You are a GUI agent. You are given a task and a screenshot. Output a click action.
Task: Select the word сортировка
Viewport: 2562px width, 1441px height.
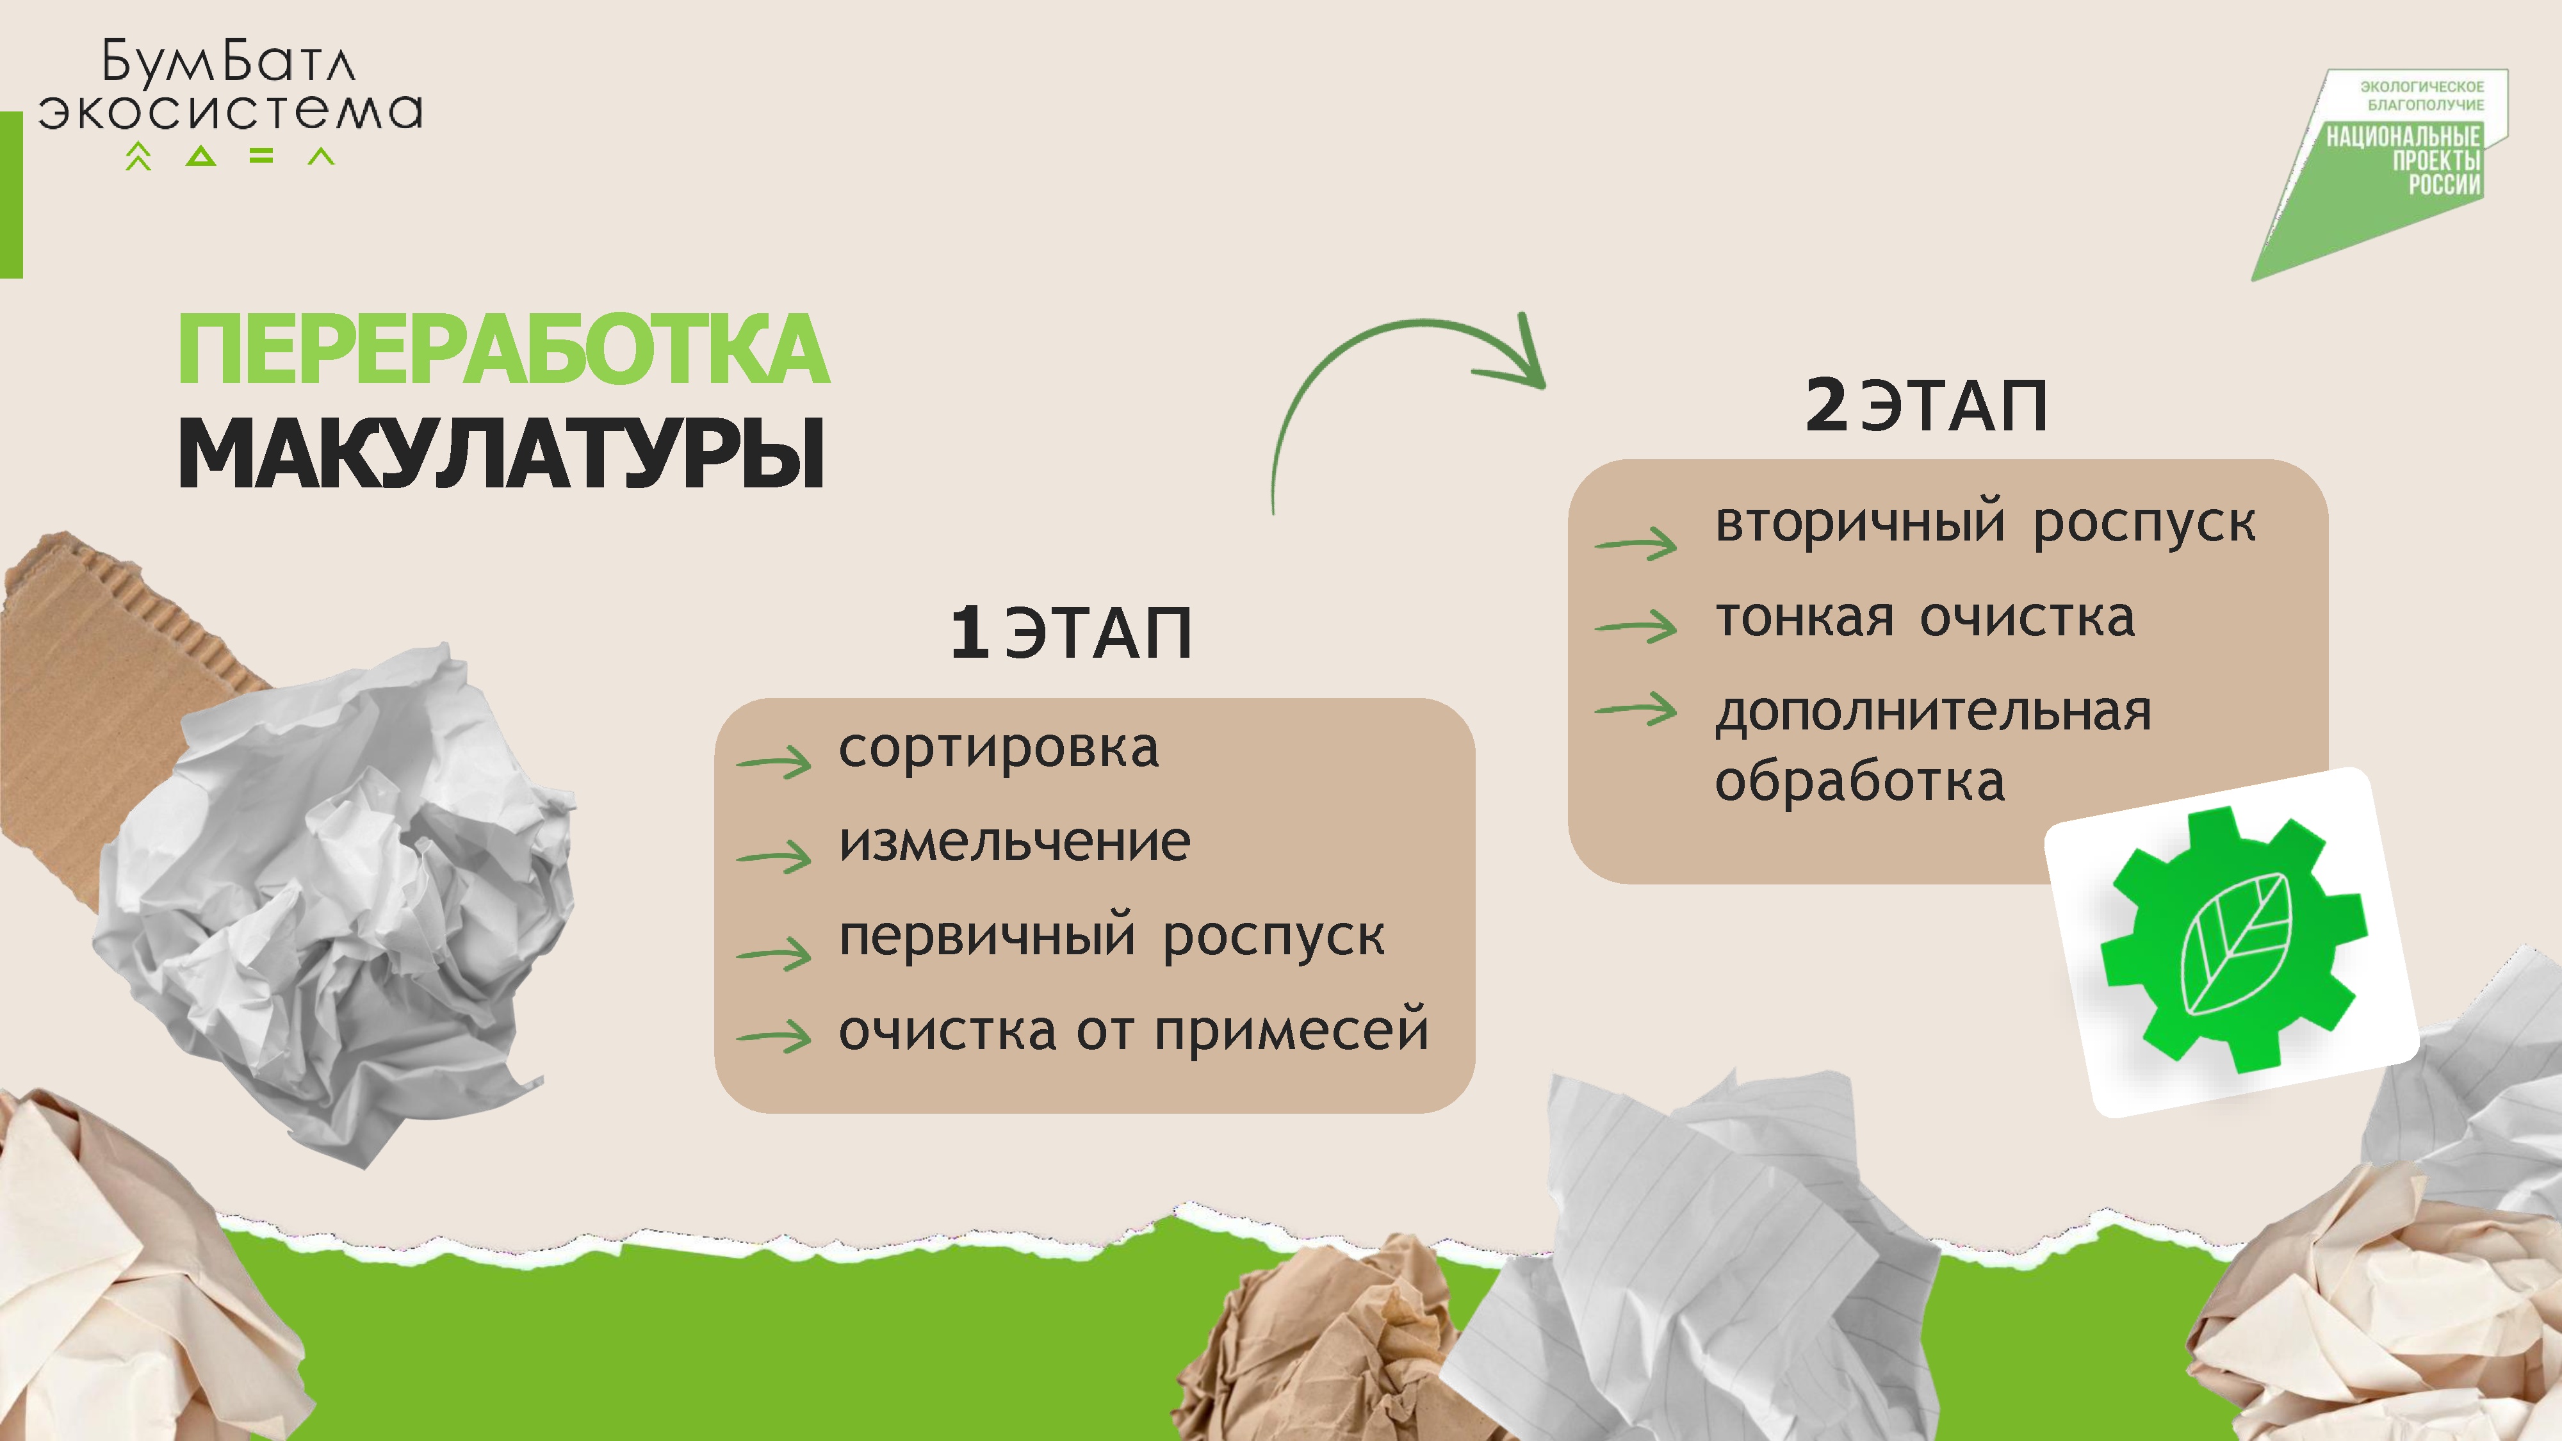point(999,748)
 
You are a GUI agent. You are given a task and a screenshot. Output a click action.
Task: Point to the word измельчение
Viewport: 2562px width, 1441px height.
point(1015,842)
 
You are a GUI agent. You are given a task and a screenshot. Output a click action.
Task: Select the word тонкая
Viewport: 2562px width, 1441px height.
point(1805,617)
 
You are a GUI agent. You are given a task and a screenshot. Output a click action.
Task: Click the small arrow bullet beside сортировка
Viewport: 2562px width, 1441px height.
point(774,761)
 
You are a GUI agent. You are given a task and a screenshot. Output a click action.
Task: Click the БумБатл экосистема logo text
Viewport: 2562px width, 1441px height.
point(231,86)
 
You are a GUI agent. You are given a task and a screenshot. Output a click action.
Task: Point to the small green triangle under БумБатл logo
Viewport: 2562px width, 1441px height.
point(201,156)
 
